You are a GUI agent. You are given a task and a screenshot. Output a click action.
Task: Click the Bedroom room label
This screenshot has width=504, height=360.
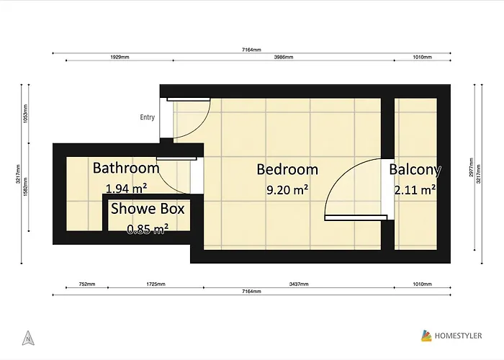(287, 170)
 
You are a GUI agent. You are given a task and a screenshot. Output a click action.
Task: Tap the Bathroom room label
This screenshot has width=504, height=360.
(126, 168)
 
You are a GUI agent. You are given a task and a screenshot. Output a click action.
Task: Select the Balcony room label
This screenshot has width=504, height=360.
(415, 170)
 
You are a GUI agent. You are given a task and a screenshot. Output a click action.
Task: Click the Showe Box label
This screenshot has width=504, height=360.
(148, 210)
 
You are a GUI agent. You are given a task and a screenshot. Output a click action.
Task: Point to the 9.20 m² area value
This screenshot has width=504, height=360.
(287, 191)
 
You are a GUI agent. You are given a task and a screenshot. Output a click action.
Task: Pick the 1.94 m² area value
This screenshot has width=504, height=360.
(126, 189)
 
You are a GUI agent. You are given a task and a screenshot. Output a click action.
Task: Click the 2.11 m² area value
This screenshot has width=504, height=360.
(415, 191)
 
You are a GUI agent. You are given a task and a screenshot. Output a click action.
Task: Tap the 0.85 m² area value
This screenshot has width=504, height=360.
(148, 229)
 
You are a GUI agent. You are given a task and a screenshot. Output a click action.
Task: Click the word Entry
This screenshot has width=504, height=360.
(148, 117)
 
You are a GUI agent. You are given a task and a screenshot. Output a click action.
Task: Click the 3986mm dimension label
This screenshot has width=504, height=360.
(283, 57)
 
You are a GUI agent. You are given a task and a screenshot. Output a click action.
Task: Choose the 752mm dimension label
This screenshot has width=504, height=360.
(86, 284)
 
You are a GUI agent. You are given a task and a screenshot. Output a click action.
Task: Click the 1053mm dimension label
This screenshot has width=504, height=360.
(27, 114)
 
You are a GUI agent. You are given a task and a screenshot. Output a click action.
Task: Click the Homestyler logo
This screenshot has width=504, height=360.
(454, 335)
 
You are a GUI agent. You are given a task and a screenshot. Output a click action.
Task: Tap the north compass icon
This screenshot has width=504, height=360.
(27, 336)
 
